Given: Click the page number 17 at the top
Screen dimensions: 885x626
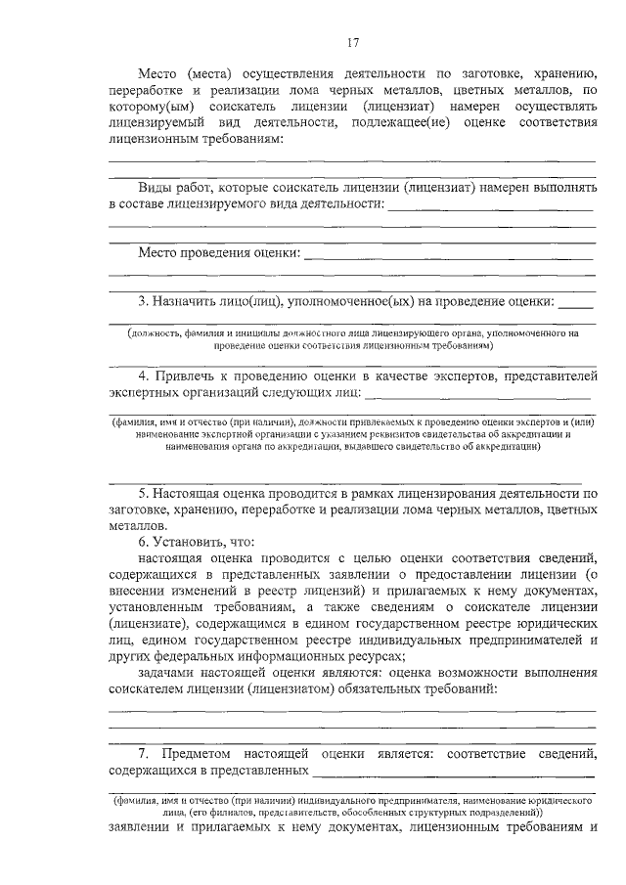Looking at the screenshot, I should point(354,42).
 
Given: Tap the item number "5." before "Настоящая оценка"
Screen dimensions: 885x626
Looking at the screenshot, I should point(145,492).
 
